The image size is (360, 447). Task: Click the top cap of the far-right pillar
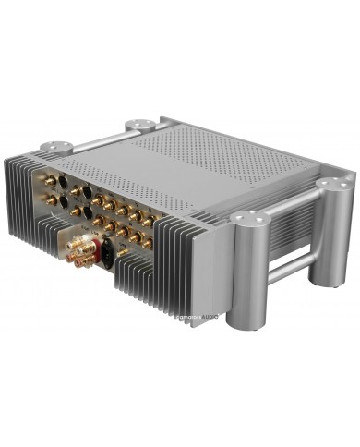pos(336,186)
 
